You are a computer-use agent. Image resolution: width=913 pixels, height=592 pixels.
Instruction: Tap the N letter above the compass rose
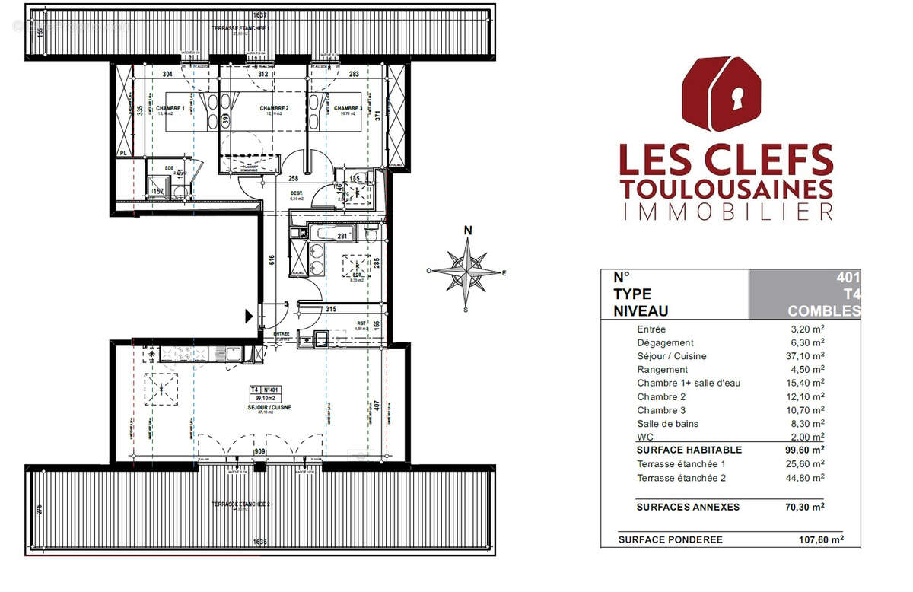pyautogui.click(x=469, y=231)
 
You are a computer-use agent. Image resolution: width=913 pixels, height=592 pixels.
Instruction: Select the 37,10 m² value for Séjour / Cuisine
pyautogui.click(x=808, y=356)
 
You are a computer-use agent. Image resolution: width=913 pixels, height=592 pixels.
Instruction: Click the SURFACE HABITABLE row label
pyautogui.click(x=689, y=450)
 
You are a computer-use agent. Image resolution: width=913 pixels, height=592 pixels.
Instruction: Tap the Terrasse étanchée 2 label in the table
pyautogui.click(x=681, y=478)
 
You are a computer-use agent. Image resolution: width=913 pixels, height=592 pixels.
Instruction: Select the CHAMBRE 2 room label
pyautogui.click(x=273, y=109)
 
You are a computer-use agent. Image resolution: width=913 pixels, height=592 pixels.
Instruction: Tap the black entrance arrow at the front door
pyautogui.click(x=249, y=316)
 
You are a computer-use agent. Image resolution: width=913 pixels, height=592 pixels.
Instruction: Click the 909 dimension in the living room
pyautogui.click(x=260, y=452)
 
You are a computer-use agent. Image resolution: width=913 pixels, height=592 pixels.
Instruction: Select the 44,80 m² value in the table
pyautogui.click(x=808, y=478)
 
